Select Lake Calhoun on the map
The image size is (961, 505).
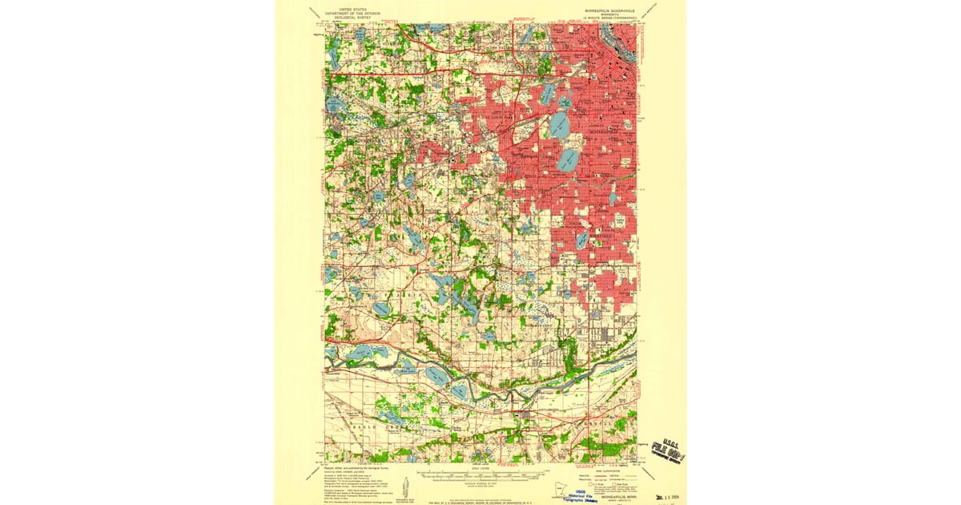coord(559,124)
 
